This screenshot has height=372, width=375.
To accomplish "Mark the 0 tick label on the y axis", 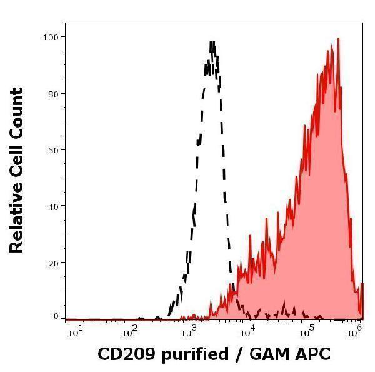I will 55,316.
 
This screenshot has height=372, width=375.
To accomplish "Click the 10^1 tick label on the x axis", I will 73,331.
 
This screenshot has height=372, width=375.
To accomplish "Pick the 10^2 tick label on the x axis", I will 130,331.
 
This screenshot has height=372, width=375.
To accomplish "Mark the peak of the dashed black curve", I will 212,42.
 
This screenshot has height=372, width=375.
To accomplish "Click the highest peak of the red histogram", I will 338,38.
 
